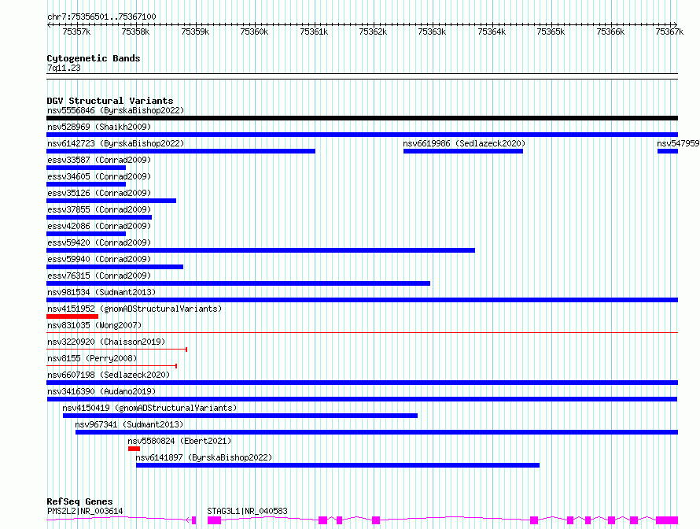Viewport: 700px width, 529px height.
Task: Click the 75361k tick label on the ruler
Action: coord(314,31)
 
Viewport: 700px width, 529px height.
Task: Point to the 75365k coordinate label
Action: coord(551,31)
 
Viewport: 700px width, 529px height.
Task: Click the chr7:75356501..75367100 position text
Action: coord(101,17)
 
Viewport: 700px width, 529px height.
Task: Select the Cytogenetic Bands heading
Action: coord(94,58)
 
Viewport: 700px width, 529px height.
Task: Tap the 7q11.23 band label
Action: coord(64,68)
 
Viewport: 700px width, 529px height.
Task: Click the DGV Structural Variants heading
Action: coord(110,101)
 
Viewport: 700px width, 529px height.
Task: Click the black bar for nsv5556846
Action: coord(362,118)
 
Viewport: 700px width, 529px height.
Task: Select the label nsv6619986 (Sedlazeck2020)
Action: coord(464,143)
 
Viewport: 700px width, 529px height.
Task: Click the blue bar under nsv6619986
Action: coord(463,151)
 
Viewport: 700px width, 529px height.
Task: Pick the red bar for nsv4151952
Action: coord(72,316)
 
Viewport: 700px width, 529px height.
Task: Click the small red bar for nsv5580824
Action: coord(134,449)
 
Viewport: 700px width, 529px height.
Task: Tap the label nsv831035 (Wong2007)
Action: coord(94,325)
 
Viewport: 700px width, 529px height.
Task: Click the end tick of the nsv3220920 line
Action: coord(186,350)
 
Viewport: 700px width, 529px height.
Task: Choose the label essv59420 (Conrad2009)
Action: coord(99,242)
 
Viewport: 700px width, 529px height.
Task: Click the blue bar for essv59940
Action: coord(115,267)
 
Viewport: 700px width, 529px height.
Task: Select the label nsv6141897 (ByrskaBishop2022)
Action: coord(204,457)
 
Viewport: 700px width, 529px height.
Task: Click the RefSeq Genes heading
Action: coord(79,501)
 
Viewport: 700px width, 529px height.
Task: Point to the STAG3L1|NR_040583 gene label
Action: coord(247,511)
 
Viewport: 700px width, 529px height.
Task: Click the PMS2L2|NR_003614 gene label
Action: coord(85,511)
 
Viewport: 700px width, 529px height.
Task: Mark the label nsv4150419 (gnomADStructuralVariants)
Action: coord(149,408)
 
